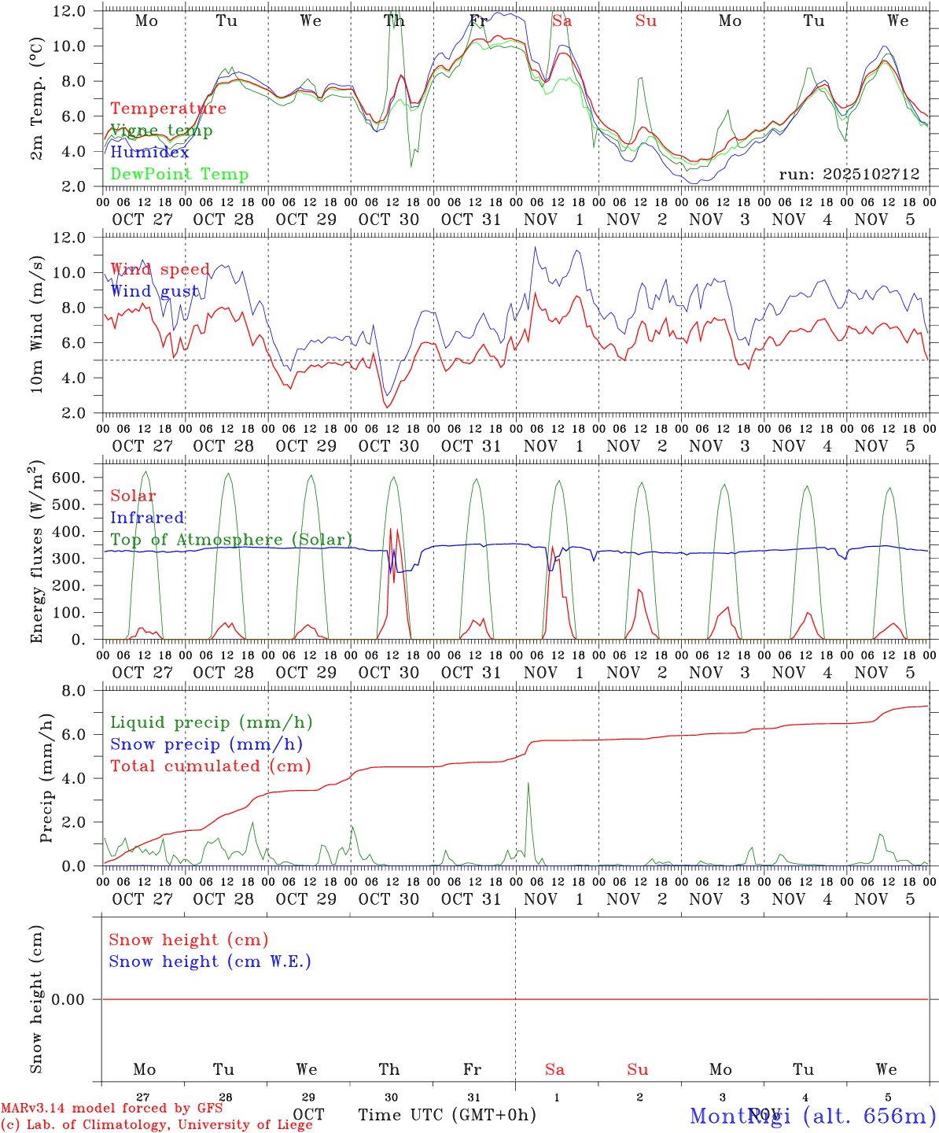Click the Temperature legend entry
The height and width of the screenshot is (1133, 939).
coord(168,109)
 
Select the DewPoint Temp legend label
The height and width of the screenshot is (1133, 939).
coord(179,174)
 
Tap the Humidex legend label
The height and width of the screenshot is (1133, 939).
coord(149,152)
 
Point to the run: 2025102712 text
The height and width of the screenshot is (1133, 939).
coord(849,174)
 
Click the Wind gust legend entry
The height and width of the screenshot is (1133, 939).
coord(155,291)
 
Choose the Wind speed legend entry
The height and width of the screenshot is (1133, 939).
coord(160,269)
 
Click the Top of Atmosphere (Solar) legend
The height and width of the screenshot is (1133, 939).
coord(231,540)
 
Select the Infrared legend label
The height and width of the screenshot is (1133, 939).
coord(147,518)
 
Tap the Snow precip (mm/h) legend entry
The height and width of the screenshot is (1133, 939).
coord(206,744)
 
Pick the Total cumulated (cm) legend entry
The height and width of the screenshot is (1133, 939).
coord(210,766)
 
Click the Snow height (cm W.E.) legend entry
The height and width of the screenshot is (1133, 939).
coord(210,961)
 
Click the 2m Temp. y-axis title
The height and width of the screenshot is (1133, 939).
coord(37,98)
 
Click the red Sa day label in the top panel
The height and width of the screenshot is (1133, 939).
coord(562,21)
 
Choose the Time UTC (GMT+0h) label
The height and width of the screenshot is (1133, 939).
coord(447,1115)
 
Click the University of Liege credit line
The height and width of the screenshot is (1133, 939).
coord(156,1124)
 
